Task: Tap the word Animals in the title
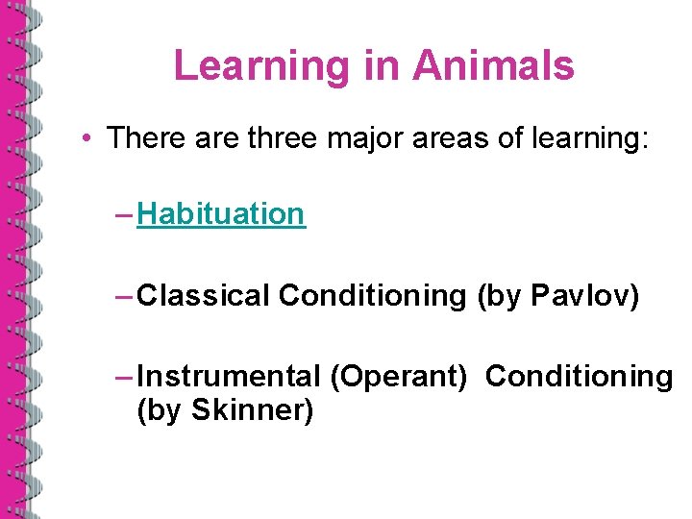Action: tap(493, 66)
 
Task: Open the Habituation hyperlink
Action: tap(221, 214)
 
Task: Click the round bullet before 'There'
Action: tap(86, 138)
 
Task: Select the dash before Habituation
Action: tap(123, 214)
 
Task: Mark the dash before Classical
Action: tap(123, 296)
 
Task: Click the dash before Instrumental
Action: tap(123, 377)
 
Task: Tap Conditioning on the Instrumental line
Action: tap(579, 377)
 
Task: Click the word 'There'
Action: tap(144, 137)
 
